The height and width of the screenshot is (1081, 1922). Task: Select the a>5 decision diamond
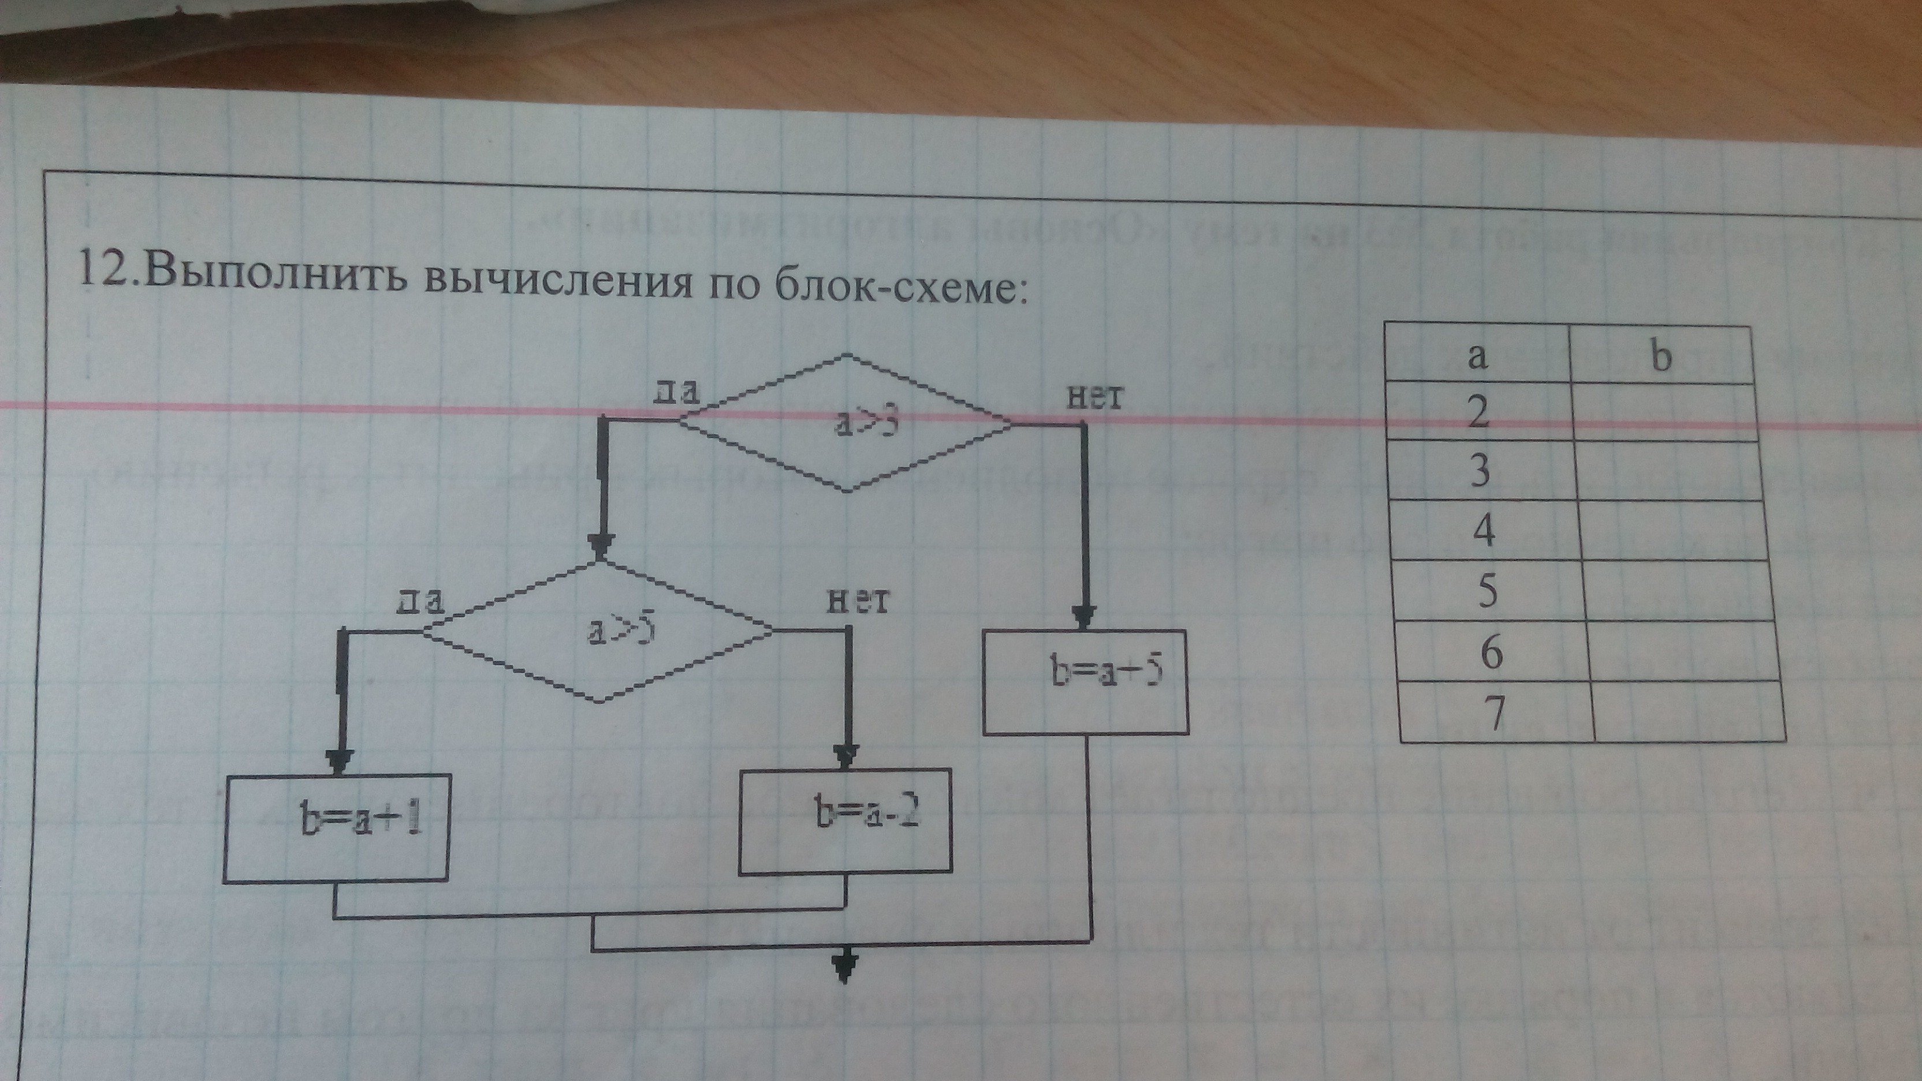599,632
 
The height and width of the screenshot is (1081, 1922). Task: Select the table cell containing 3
1480,471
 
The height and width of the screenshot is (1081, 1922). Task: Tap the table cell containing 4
1483,531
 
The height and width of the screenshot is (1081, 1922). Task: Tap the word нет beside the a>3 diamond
1094,397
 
